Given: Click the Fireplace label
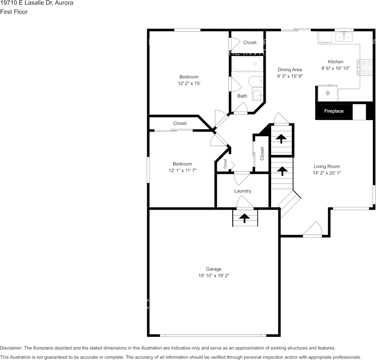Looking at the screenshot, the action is point(334,111).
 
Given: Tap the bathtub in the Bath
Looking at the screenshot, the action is point(247,64).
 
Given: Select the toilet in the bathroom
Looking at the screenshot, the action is point(256,81).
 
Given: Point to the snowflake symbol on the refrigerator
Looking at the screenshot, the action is point(328,93).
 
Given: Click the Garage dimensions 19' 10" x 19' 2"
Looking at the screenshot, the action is point(214,276).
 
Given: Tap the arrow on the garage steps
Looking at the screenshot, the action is point(244,218).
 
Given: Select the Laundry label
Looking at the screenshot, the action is point(243,191).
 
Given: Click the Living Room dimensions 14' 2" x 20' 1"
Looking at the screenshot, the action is point(327,173).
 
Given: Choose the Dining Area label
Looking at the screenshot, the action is point(290,70).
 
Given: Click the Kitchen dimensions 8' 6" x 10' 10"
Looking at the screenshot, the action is point(335,68).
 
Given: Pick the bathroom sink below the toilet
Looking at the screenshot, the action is point(258,94).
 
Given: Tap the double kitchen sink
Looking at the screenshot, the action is point(344,37).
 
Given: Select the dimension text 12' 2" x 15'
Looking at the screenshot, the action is point(189,83).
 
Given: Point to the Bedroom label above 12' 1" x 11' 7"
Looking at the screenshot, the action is point(182,164).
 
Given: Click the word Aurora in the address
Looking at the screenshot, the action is point(64,3).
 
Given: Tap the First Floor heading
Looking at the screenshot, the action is point(14,12).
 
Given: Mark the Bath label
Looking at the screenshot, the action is point(242,96).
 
